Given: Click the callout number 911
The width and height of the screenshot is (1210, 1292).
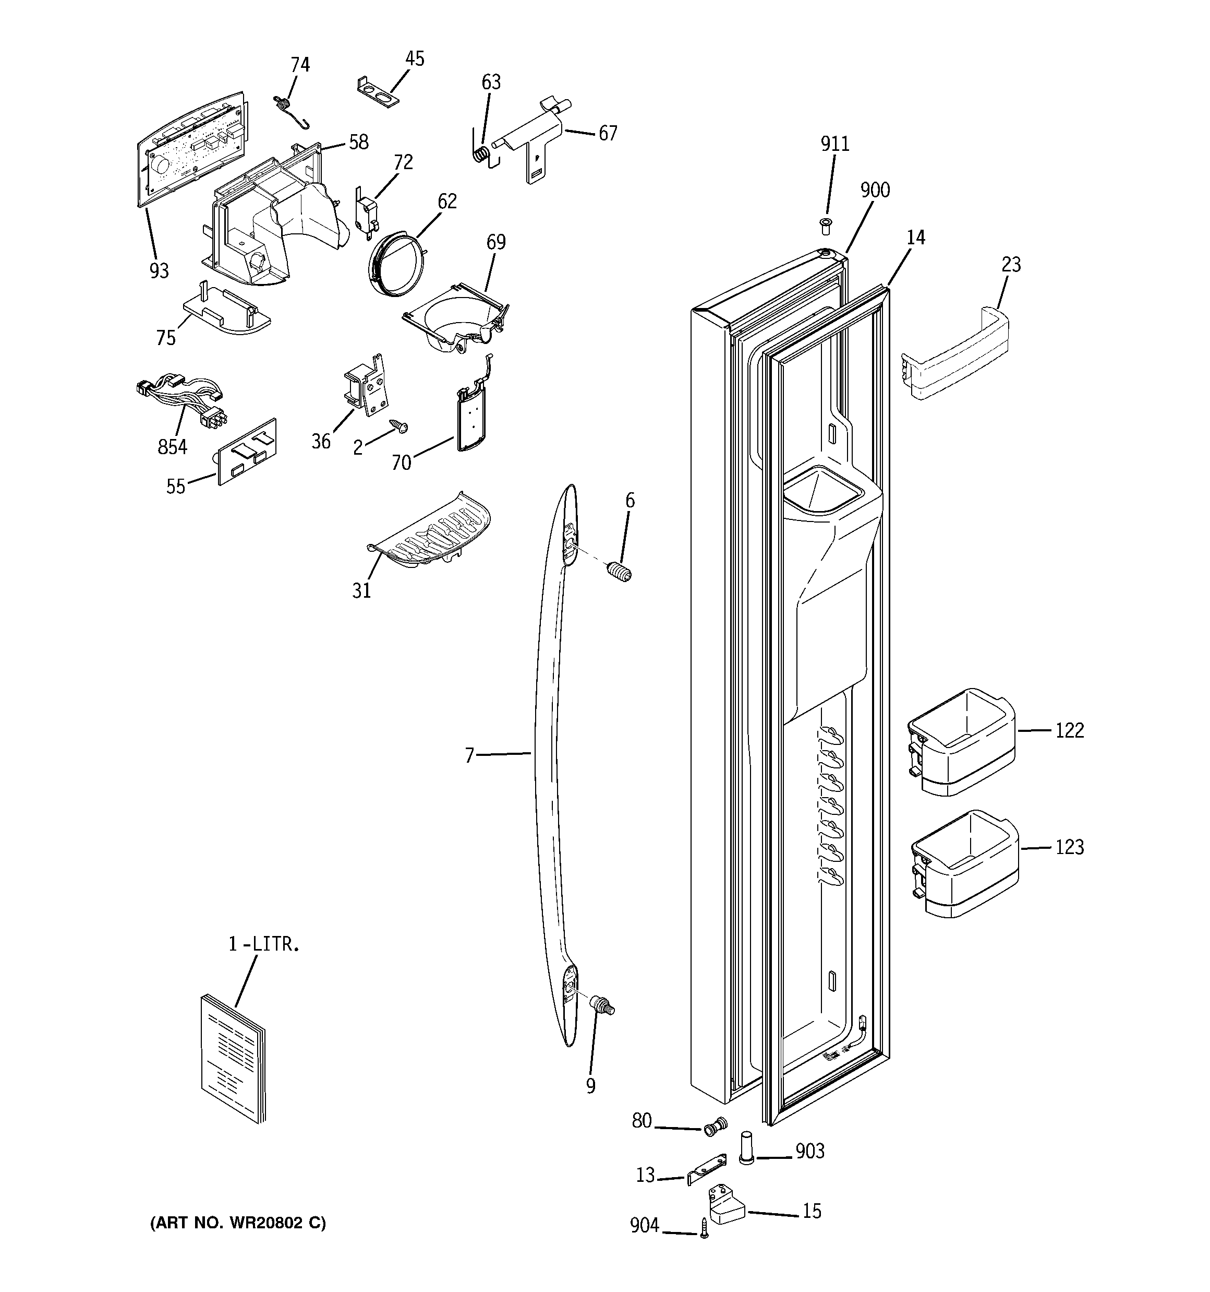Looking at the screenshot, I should coord(834,144).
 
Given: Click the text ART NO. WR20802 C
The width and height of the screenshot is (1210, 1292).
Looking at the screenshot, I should coord(238,1223).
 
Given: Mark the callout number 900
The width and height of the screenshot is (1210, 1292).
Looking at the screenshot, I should coord(875,191).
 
